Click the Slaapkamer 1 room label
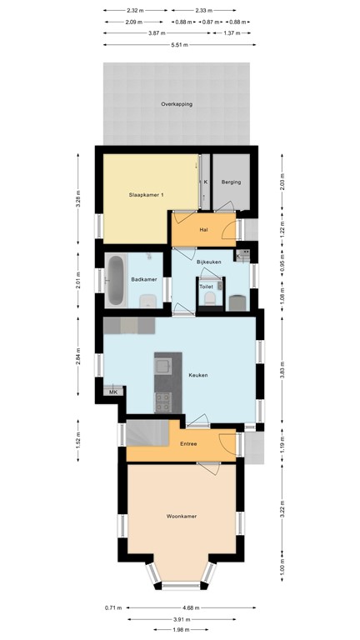point(146,195)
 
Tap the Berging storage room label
point(231,182)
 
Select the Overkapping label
point(177,104)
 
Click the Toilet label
point(206,284)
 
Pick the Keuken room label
point(197,375)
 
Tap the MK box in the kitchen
point(112,391)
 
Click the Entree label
point(189,443)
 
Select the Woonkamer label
point(181,517)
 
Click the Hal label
point(203,230)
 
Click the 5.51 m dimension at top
point(177,45)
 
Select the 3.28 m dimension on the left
point(78,199)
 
